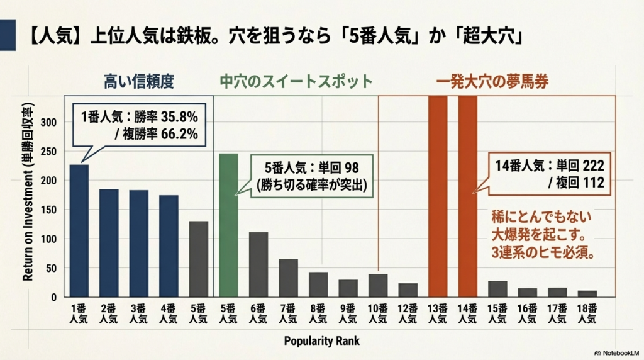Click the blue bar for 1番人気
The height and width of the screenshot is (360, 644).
tap(79, 230)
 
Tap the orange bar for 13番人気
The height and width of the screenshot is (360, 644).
tap(437, 196)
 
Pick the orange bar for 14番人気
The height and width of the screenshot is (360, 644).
tap(467, 196)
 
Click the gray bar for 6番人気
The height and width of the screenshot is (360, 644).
tap(258, 264)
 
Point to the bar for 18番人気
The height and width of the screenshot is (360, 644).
tap(587, 293)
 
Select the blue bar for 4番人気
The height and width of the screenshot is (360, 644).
tap(169, 246)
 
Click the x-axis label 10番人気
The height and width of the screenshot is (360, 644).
tap(378, 313)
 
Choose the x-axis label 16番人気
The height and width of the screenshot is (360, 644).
tap(527, 313)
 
